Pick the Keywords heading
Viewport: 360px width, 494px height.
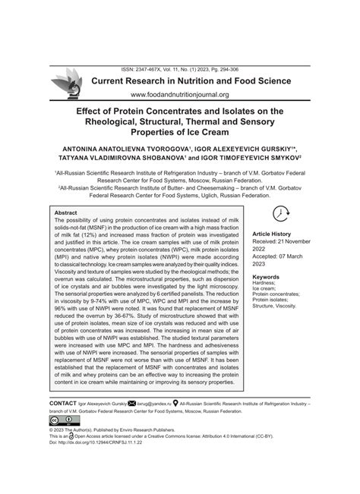[x=267, y=278]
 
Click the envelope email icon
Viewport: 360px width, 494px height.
[x=132, y=404]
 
